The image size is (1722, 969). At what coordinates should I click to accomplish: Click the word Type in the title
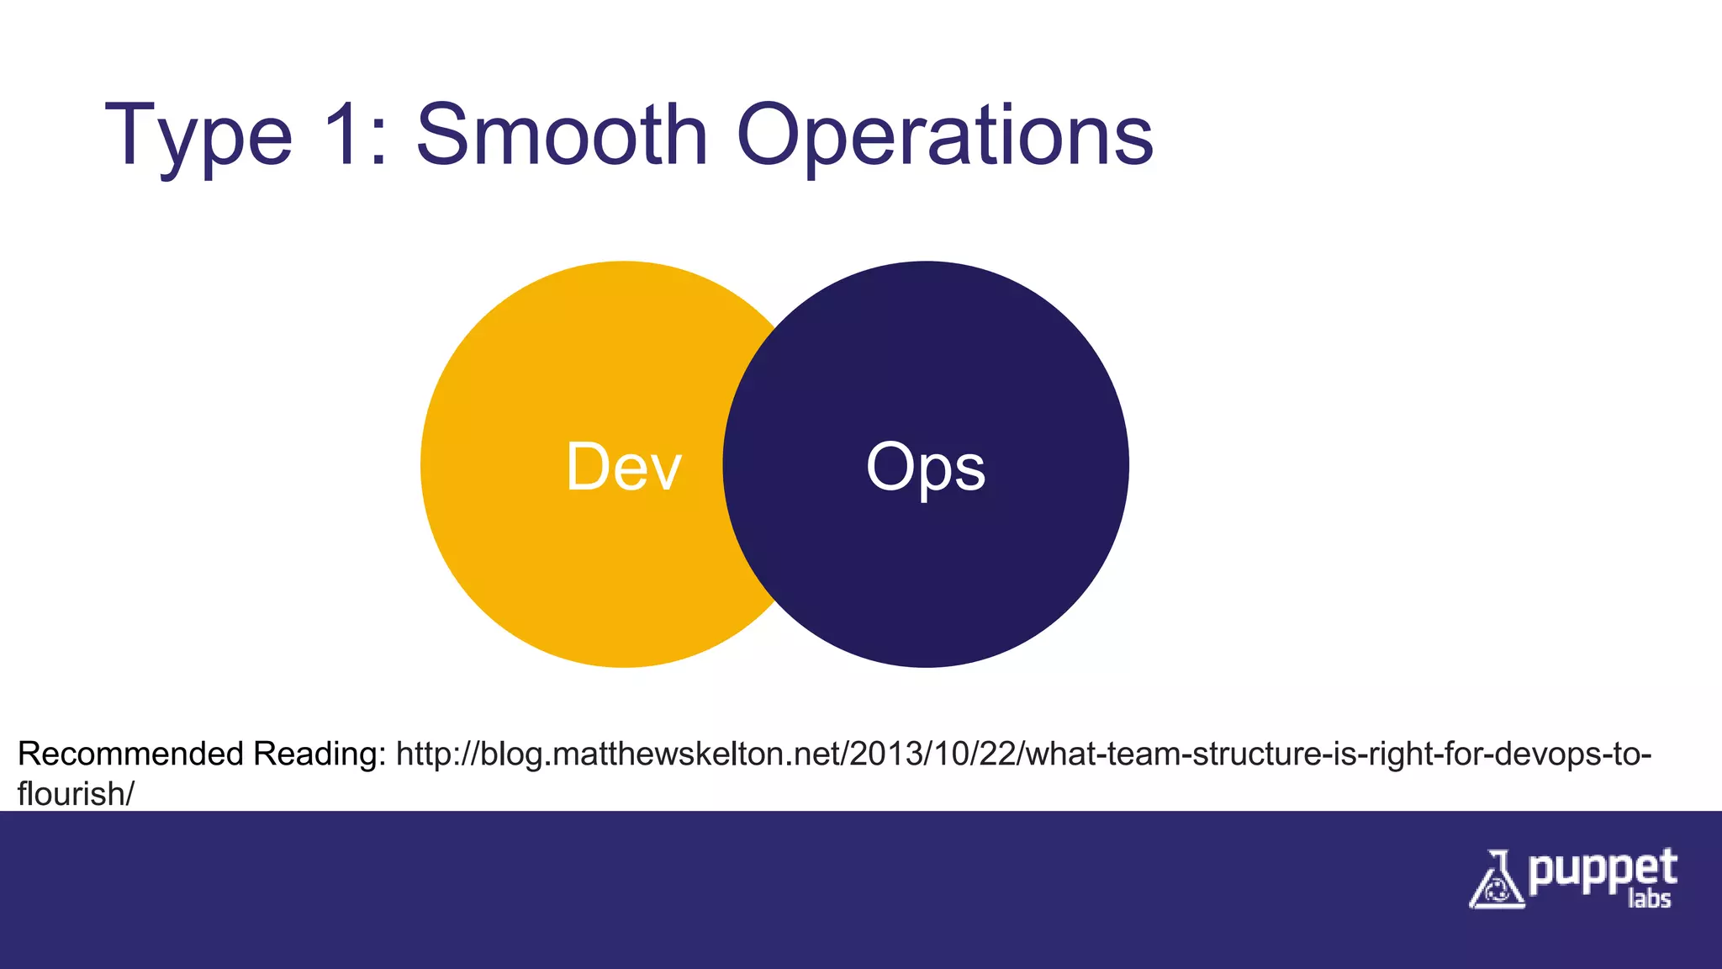point(198,136)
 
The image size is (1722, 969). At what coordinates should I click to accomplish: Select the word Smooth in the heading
point(563,135)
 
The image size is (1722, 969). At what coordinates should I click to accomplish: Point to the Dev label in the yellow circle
point(623,468)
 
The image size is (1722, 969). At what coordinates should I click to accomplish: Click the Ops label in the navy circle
point(925,468)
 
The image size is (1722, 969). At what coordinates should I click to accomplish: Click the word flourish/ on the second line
point(75,794)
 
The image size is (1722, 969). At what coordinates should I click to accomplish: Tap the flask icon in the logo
point(1496,881)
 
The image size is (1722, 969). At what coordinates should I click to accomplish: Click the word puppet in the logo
point(1603,871)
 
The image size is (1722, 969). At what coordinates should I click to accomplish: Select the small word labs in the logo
point(1648,899)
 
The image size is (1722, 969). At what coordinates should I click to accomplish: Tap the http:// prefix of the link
point(436,754)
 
